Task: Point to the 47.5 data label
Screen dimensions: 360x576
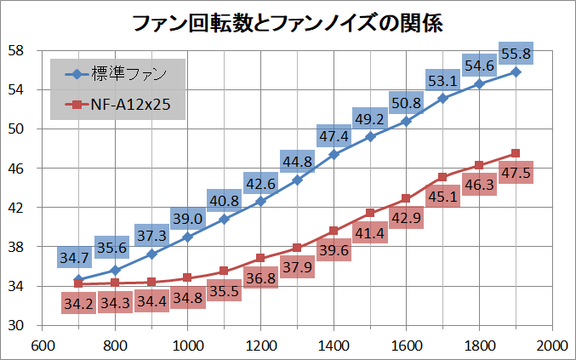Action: pyautogui.click(x=516, y=173)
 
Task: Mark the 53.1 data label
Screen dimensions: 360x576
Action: pyautogui.click(x=442, y=81)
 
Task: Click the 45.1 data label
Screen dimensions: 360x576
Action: pyautogui.click(x=442, y=197)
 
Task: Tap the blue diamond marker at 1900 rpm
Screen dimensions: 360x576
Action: pyautogui.click(x=516, y=71)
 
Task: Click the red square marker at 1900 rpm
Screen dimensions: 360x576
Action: pyautogui.click(x=516, y=153)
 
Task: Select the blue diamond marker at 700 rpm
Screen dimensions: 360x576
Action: pyautogui.click(x=78, y=279)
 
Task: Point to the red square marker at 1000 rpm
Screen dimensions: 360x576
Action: pyautogui.click(x=187, y=277)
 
